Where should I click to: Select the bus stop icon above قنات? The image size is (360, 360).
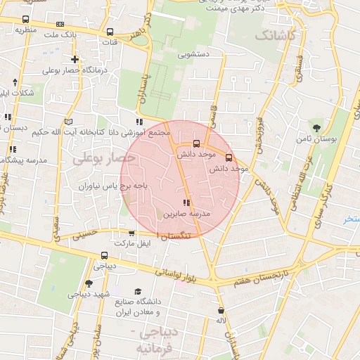[x=110, y=32]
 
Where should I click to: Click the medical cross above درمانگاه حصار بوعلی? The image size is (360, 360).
[x=75, y=59]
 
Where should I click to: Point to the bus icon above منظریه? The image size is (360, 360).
[x=27, y=20]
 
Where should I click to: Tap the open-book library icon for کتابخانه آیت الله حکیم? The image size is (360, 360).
[x=68, y=120]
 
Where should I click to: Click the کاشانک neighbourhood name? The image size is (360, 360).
[x=276, y=34]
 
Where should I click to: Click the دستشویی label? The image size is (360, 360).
[x=194, y=53]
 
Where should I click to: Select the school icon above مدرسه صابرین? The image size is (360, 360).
[x=186, y=202]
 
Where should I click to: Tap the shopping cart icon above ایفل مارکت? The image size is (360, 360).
[x=131, y=233]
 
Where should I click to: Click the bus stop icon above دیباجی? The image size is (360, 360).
[x=105, y=255]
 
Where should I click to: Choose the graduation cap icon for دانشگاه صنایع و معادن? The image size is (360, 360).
[x=139, y=291]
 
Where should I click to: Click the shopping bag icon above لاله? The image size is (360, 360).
[x=221, y=310]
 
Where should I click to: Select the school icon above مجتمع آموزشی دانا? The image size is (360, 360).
[x=139, y=122]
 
